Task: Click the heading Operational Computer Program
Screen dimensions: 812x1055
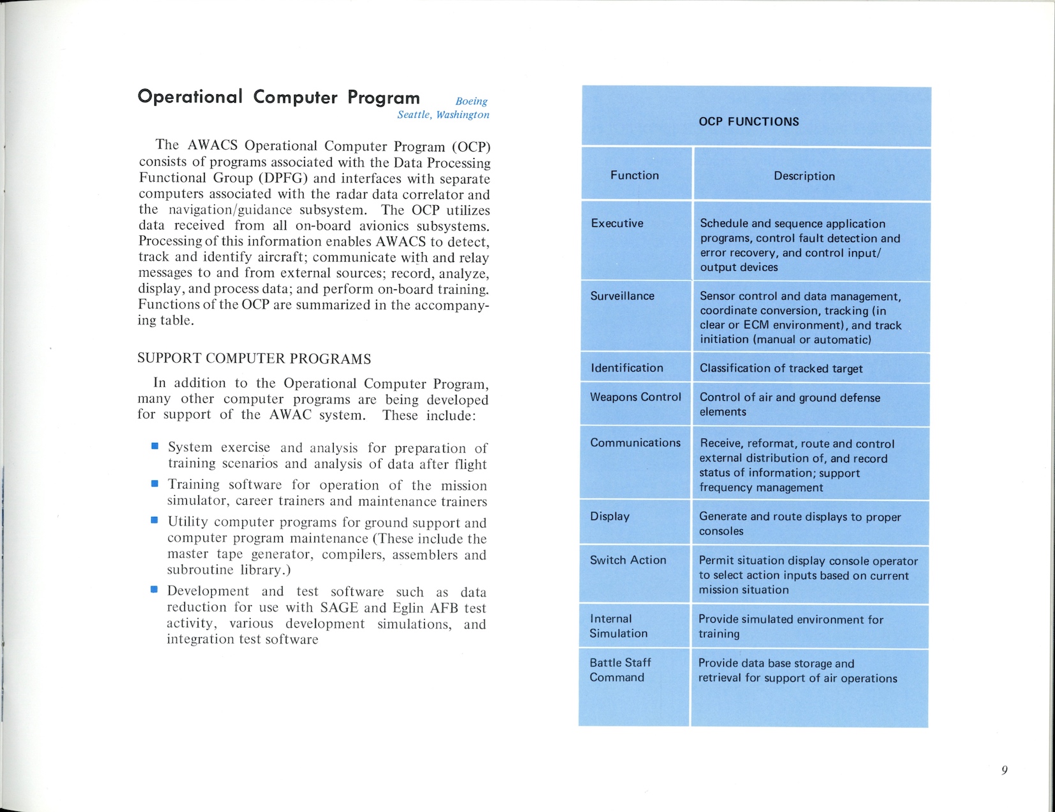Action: coord(279,97)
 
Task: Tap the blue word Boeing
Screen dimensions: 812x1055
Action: coord(471,101)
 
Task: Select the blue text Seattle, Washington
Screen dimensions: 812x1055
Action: coord(443,115)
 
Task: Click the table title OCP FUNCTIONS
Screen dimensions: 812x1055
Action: coord(749,122)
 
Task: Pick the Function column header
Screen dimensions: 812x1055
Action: coord(635,175)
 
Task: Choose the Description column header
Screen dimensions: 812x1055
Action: coord(804,176)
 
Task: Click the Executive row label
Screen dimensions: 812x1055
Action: coord(617,223)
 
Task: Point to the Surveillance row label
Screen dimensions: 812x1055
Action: coord(623,296)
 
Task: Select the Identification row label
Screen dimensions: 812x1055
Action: coord(627,368)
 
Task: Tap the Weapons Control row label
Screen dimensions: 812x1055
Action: coord(635,397)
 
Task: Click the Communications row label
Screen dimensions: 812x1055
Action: coord(635,442)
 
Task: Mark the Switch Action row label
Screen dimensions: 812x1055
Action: coord(628,560)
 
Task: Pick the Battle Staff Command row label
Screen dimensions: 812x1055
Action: coord(620,670)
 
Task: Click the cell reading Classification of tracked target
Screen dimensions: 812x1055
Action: coord(781,368)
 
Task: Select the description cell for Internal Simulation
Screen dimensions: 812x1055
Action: coord(791,627)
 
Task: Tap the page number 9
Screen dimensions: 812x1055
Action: coord(1005,770)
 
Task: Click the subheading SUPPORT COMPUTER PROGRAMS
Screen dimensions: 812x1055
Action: coord(254,359)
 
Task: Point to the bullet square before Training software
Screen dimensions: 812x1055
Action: coord(154,484)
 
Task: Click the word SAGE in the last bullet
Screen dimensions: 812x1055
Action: coord(341,608)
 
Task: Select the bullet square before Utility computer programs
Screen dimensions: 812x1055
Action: coord(154,520)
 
